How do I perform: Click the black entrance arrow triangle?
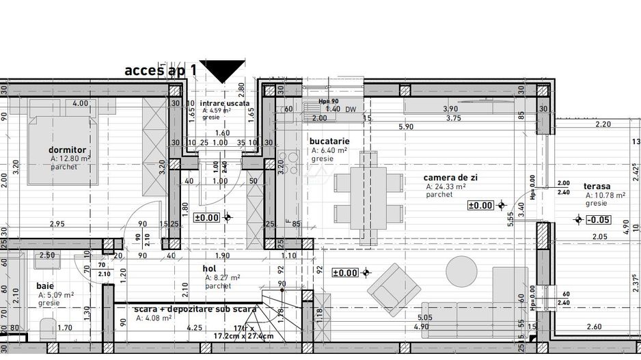(222, 70)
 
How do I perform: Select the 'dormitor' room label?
(67, 150)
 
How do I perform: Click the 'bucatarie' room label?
(330, 141)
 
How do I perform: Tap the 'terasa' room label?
(597, 186)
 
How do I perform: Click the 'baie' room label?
(46, 286)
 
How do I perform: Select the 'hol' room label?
(210, 269)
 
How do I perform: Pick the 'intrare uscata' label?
(225, 102)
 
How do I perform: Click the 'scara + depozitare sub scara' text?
(195, 309)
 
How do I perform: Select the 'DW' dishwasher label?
(351, 109)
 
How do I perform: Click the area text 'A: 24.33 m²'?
(446, 186)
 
